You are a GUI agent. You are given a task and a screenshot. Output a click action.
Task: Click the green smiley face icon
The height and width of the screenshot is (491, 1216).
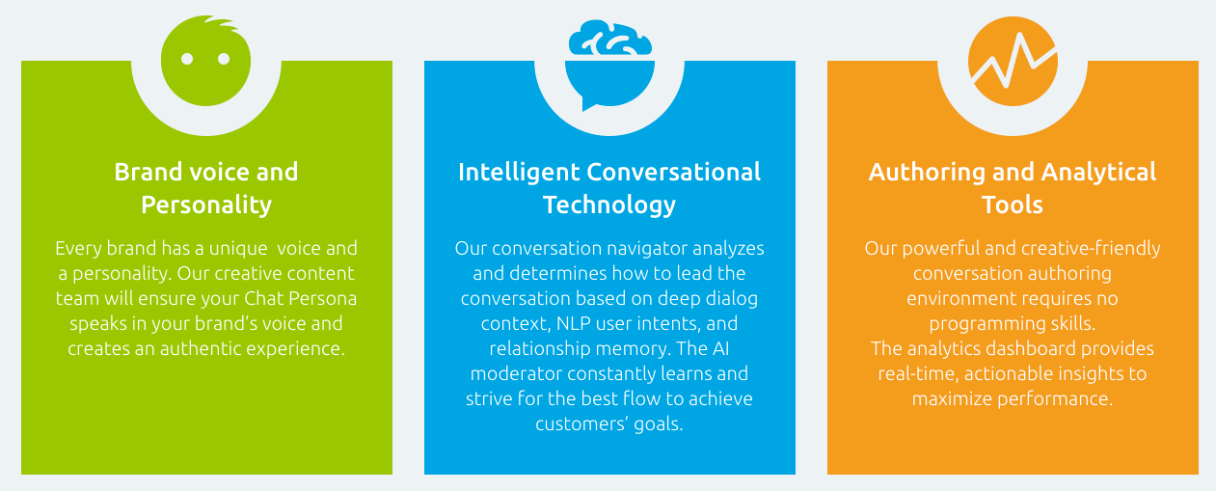tap(205, 61)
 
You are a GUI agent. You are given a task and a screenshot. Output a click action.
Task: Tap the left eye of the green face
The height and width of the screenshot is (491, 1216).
tap(187, 59)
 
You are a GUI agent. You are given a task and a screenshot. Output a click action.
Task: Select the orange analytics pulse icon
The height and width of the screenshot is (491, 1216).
tap(1013, 61)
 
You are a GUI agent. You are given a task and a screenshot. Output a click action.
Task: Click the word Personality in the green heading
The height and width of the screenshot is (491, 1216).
tap(206, 205)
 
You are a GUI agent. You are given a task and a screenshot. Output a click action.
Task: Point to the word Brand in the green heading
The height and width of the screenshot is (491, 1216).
tap(148, 172)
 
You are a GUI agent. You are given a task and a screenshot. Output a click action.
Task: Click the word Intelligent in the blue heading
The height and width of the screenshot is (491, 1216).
tap(519, 173)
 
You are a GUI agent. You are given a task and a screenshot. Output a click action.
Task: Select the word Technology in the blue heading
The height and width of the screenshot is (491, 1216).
tap(609, 205)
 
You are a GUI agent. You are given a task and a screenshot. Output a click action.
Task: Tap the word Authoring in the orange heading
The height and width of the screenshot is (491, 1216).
tap(927, 173)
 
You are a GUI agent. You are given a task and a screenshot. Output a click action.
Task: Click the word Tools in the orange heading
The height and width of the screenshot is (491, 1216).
tap(1012, 205)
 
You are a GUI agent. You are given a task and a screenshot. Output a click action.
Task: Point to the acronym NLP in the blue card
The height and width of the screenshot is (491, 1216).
tap(573, 323)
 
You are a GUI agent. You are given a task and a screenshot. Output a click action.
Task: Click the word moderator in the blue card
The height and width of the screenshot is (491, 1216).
tap(516, 373)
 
